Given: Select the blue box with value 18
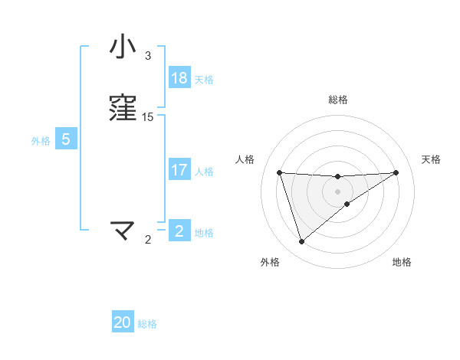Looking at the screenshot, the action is tap(179, 78).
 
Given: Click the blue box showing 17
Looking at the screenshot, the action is tap(179, 171).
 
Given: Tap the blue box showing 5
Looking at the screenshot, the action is tap(66, 140).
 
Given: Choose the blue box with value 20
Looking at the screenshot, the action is tap(123, 323).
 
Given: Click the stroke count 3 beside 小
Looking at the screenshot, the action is tap(148, 56).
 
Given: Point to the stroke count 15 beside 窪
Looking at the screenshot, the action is tap(148, 117).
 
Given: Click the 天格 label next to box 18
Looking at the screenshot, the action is tap(204, 79).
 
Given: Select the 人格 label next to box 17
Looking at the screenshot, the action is tap(204, 172).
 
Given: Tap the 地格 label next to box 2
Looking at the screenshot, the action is tap(204, 233).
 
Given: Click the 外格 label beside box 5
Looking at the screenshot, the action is tap(41, 141).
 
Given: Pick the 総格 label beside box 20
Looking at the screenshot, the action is tap(147, 324).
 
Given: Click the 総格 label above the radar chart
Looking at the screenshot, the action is tap(338, 100).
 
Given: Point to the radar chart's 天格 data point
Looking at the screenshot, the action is tap(396, 172).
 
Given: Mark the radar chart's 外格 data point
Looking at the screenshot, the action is tap(301, 242).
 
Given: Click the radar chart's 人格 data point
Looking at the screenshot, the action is tap(280, 172).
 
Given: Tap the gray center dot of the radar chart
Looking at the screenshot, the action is tap(338, 191).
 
